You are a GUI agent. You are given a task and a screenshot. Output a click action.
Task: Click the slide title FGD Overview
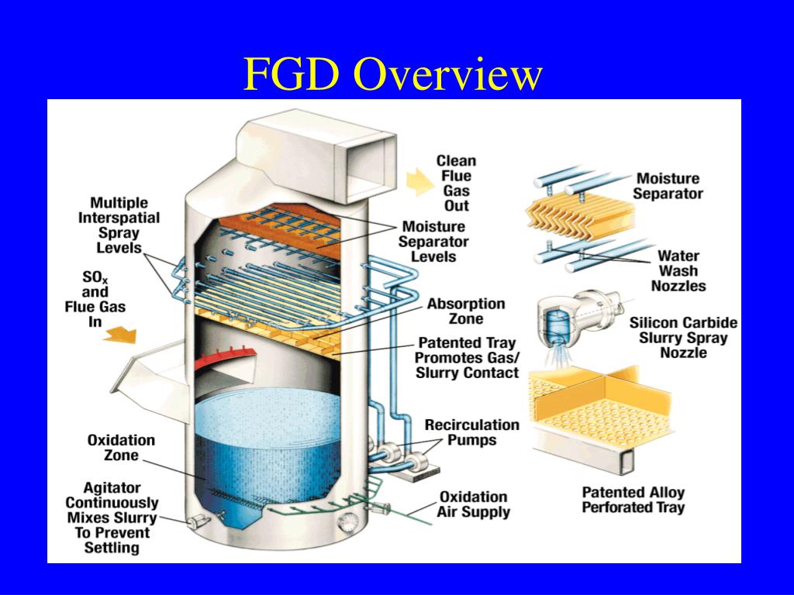[393, 75]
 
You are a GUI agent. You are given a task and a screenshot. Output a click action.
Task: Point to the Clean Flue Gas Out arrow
[419, 181]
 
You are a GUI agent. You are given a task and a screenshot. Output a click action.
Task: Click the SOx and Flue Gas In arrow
[120, 335]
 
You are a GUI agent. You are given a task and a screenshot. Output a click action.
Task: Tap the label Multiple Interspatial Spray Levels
[119, 225]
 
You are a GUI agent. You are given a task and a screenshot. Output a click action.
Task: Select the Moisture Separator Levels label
[433, 242]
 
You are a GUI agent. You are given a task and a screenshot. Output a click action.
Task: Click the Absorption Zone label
[466, 311]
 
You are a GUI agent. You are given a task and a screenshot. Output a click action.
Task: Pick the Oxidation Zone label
[121, 447]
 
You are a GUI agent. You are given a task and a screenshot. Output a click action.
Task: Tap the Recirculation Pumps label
[472, 432]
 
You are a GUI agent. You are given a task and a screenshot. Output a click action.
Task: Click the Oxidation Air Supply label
[473, 504]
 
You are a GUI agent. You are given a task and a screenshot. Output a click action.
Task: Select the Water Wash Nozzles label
[678, 270]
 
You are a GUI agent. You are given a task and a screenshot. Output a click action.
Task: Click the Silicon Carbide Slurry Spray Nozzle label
[683, 338]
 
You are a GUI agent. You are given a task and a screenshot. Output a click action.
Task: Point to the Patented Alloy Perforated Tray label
[633, 500]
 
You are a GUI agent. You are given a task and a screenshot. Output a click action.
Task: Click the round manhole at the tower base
[348, 521]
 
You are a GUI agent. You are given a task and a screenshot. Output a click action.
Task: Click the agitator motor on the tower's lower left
[198, 521]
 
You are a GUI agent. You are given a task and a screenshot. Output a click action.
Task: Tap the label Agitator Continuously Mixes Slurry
[112, 518]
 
